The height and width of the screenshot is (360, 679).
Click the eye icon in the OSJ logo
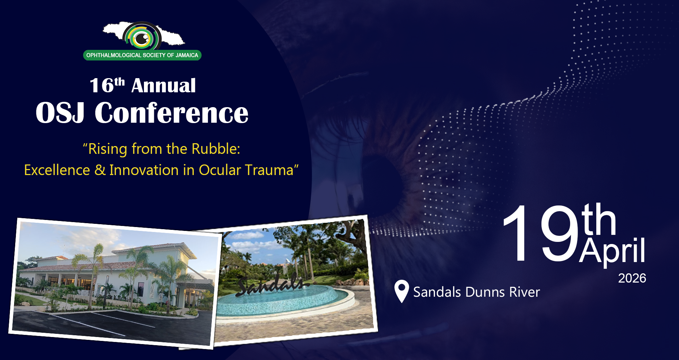[x=142, y=37]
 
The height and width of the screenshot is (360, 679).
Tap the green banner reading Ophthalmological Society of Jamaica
[x=142, y=55]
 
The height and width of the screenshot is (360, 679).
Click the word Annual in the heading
[x=163, y=86]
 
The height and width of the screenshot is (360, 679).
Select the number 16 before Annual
[x=101, y=86]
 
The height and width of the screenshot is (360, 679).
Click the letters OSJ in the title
[x=60, y=113]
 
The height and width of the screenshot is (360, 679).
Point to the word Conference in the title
[x=172, y=113]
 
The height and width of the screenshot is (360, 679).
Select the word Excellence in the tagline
[x=57, y=170]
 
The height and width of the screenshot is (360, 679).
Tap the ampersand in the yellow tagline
[x=100, y=170]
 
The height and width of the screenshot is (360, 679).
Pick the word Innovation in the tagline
[x=144, y=170]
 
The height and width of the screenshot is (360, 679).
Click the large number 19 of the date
[x=541, y=234]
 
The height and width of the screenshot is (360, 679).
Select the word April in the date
[x=612, y=250]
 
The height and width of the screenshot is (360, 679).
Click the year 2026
[x=632, y=278]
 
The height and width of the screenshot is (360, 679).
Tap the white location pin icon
[x=402, y=291]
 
